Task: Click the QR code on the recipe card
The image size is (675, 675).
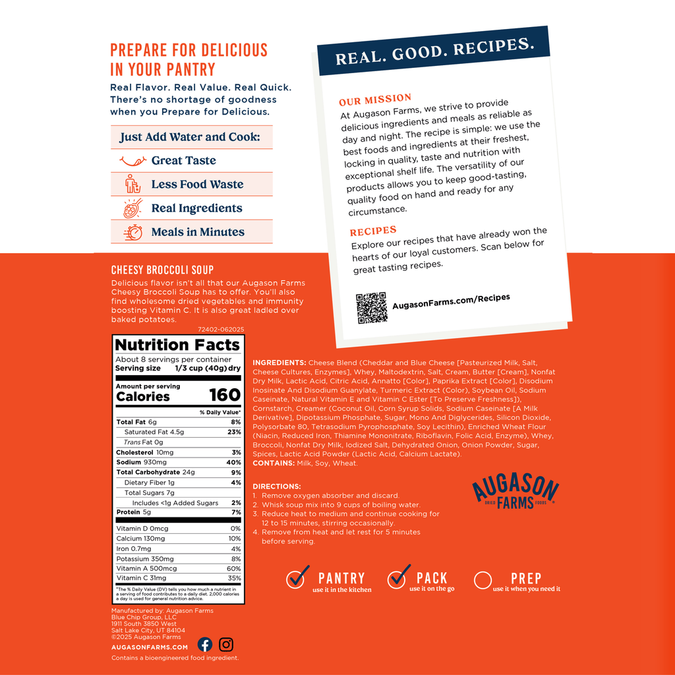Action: tap(372, 307)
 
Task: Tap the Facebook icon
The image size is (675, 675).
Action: tap(205, 645)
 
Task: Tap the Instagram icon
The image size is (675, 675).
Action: tap(226, 645)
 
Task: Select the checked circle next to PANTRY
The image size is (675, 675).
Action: tap(298, 578)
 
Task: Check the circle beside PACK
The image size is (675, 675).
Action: tap(397, 578)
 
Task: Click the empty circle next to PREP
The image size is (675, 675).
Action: tap(483, 580)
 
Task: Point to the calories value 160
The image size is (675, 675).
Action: tap(225, 396)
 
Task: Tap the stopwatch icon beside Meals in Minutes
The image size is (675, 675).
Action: tap(133, 232)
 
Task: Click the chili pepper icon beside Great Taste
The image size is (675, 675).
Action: tap(132, 160)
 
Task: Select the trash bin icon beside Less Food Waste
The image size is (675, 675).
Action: tap(132, 184)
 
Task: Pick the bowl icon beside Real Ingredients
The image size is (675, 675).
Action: tap(132, 208)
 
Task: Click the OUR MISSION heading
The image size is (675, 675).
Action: tap(375, 100)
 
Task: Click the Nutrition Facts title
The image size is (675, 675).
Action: tap(177, 345)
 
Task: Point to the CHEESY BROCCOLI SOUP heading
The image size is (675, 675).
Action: tap(163, 270)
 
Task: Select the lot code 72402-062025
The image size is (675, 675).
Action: tap(221, 329)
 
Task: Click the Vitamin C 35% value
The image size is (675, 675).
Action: tap(234, 578)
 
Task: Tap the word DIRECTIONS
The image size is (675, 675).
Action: tap(277, 486)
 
